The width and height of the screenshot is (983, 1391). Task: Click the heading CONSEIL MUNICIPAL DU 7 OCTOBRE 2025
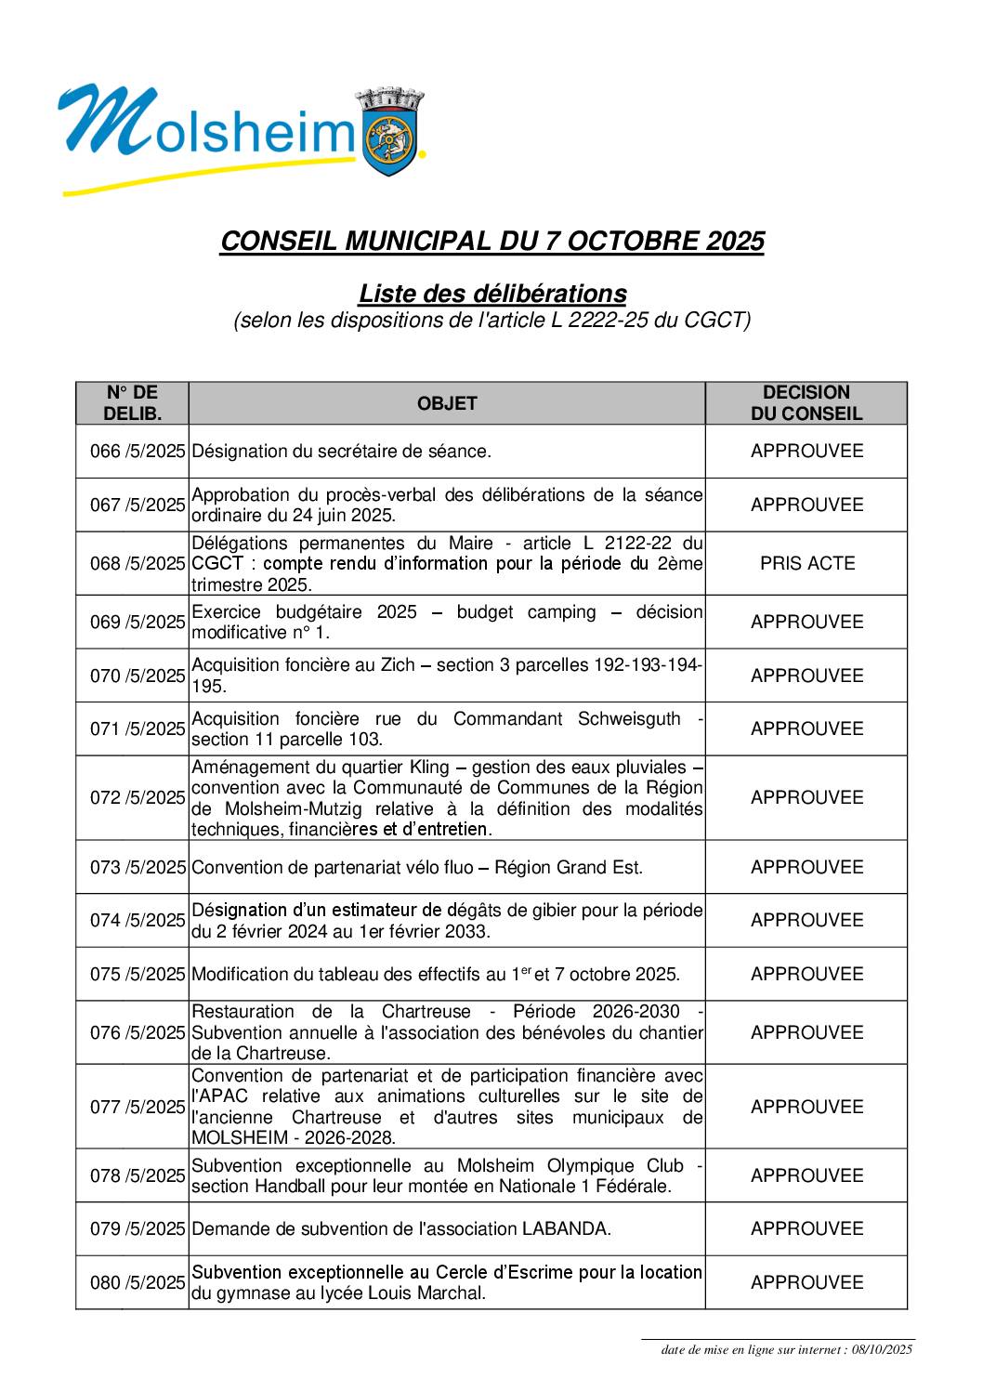point(491,242)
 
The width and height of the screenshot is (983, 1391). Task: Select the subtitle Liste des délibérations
point(491,294)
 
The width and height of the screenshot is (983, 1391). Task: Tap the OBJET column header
point(447,403)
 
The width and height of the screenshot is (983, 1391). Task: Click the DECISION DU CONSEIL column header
point(806,403)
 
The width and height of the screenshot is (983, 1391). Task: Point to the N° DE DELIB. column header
point(132,403)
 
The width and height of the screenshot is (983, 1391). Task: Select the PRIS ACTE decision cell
point(806,563)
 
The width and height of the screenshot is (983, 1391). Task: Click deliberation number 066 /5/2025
point(138,452)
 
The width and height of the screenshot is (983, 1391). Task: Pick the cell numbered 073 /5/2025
point(138,868)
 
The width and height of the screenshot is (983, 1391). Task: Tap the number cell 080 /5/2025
point(138,1283)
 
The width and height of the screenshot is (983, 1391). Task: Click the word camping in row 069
point(561,612)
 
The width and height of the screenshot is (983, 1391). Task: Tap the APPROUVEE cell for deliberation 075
point(806,975)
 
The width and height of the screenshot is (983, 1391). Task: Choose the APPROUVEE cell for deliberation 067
point(806,505)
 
